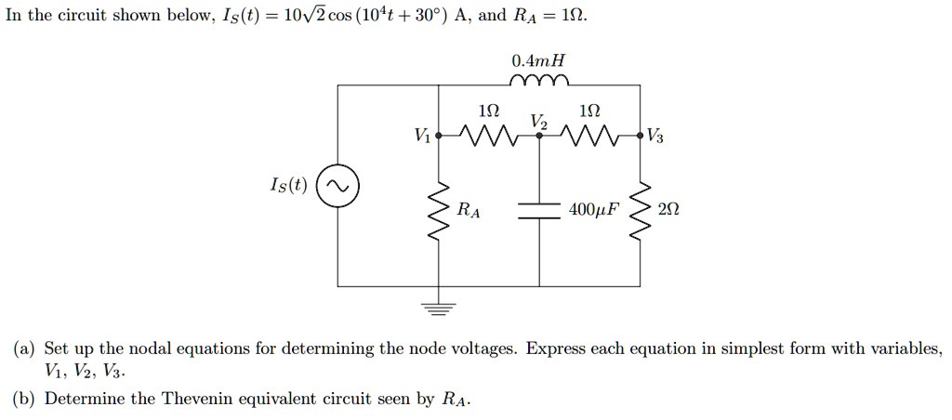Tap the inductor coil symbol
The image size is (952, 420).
539,82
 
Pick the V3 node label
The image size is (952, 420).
655,138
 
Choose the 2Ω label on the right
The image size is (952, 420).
668,210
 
